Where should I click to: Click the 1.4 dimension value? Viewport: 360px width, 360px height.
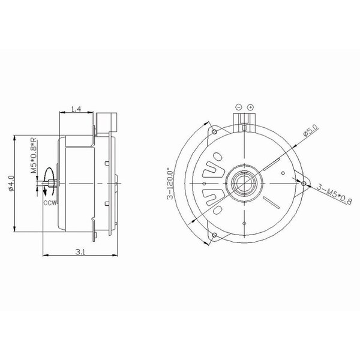tap(76, 109)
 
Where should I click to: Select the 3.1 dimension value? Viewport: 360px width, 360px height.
tap(80, 252)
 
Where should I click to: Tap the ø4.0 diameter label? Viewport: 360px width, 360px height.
tap(11, 183)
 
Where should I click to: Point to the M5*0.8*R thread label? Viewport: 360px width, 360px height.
tap(34, 155)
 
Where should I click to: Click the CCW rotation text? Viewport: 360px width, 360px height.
tap(50, 203)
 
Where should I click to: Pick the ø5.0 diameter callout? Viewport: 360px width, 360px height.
tap(311, 130)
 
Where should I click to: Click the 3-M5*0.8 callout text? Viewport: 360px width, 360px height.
tap(334, 194)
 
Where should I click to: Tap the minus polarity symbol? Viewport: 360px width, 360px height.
tap(239, 107)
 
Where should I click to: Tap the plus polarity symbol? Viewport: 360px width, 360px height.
tap(250, 107)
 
